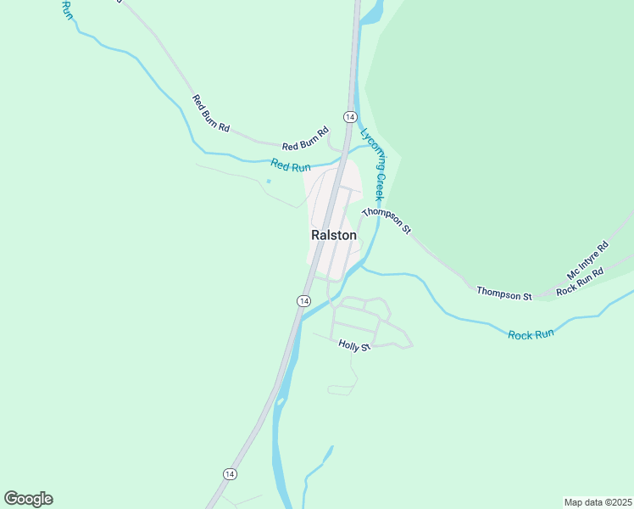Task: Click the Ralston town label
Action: [333, 235]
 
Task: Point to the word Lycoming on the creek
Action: [370, 145]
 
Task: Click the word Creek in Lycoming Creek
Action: [381, 186]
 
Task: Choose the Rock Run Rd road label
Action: [579, 282]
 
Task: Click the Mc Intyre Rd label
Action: [587, 261]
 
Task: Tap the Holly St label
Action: [354, 345]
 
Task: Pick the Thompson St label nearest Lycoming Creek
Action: [386, 220]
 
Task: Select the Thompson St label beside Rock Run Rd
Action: [503, 294]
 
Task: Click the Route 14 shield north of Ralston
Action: [349, 115]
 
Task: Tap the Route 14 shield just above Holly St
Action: [303, 301]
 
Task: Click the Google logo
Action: [28, 499]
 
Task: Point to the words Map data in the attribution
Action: [582, 501]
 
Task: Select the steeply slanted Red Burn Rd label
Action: [211, 113]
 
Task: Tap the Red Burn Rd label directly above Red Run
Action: [305, 139]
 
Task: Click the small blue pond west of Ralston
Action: [269, 181]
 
